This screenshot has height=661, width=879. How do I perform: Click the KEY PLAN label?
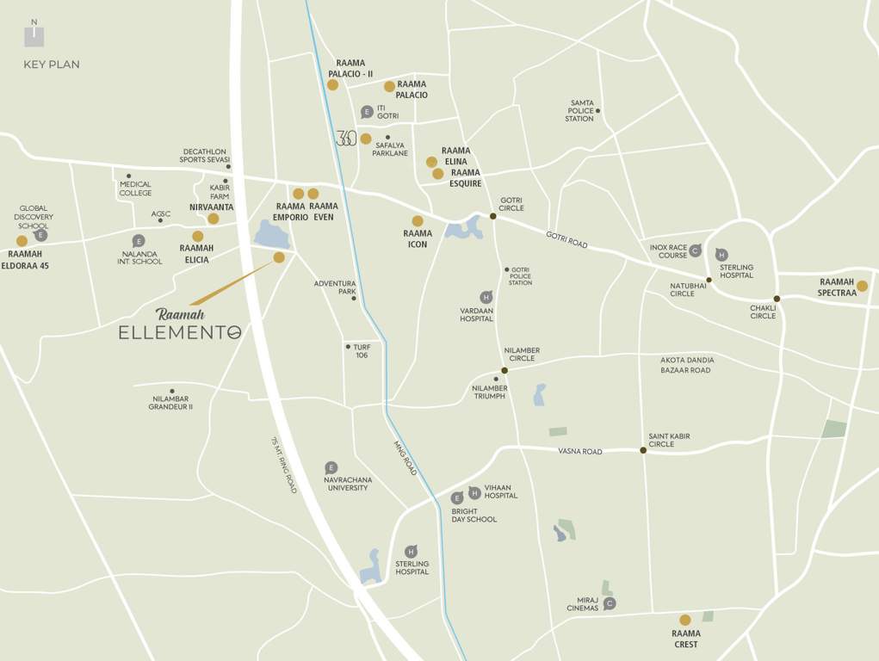(x=52, y=65)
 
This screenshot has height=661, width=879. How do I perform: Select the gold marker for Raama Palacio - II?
(x=332, y=84)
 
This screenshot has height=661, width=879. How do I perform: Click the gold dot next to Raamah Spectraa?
(x=862, y=286)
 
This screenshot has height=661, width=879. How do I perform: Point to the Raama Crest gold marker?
(x=685, y=620)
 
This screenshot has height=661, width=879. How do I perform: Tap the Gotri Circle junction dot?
(x=493, y=216)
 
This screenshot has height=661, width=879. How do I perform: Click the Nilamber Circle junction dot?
(x=504, y=370)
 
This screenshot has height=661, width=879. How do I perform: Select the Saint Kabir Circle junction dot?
(x=643, y=449)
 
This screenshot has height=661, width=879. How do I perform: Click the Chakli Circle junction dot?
(x=777, y=299)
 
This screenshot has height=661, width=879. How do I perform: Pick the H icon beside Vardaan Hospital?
(x=486, y=297)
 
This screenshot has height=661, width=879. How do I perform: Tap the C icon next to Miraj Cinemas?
(x=610, y=603)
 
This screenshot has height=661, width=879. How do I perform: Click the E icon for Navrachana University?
(x=331, y=467)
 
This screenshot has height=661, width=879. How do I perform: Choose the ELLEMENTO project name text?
(x=180, y=332)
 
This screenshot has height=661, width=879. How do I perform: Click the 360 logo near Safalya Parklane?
(x=345, y=138)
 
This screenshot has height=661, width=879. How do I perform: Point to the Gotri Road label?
(x=566, y=240)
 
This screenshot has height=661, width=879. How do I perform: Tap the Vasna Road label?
(x=579, y=451)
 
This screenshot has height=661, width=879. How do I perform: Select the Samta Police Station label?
(x=580, y=111)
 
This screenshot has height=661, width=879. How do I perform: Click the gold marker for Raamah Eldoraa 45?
(x=22, y=241)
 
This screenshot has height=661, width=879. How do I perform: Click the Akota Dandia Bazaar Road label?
(x=686, y=365)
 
